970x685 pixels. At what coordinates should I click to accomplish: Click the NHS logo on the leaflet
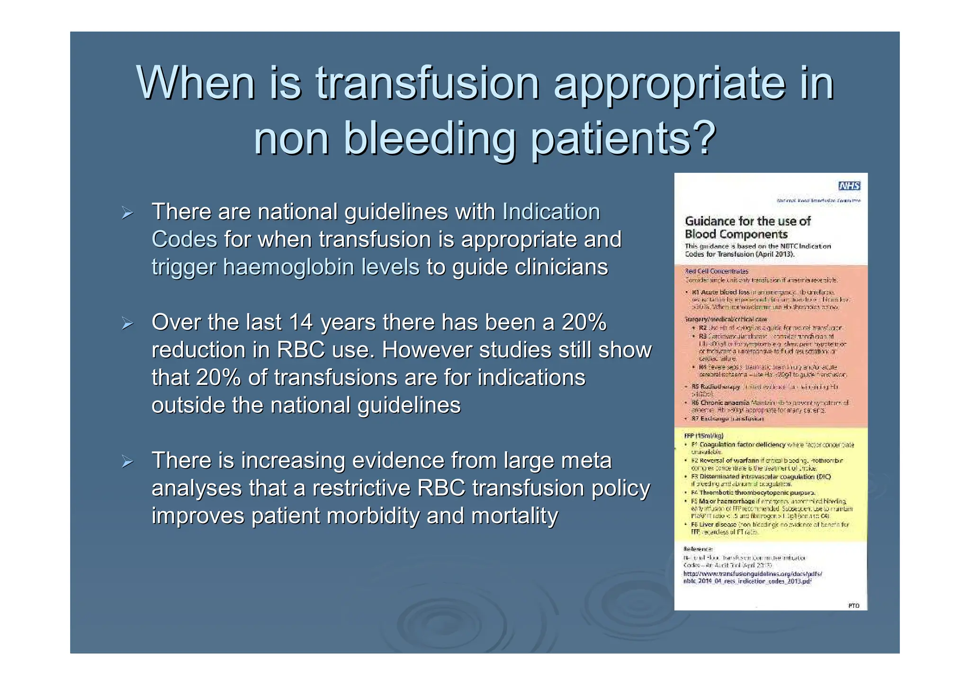[849, 186]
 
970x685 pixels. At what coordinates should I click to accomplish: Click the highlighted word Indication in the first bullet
[551, 212]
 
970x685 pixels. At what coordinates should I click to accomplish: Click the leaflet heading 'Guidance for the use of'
[747, 221]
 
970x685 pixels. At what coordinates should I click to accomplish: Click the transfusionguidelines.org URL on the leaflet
[752, 574]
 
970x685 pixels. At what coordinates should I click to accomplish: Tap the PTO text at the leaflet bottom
[853, 605]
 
